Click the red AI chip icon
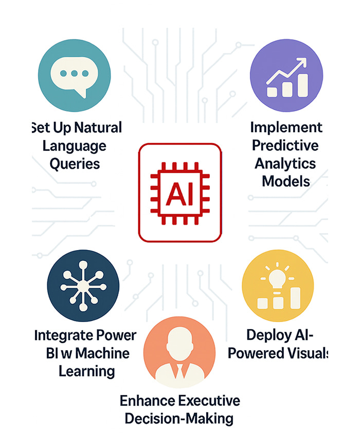[180, 192]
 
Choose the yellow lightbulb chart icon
[278, 286]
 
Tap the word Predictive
[286, 145]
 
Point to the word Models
[286, 181]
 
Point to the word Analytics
[286, 163]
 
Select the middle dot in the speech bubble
[75, 74]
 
